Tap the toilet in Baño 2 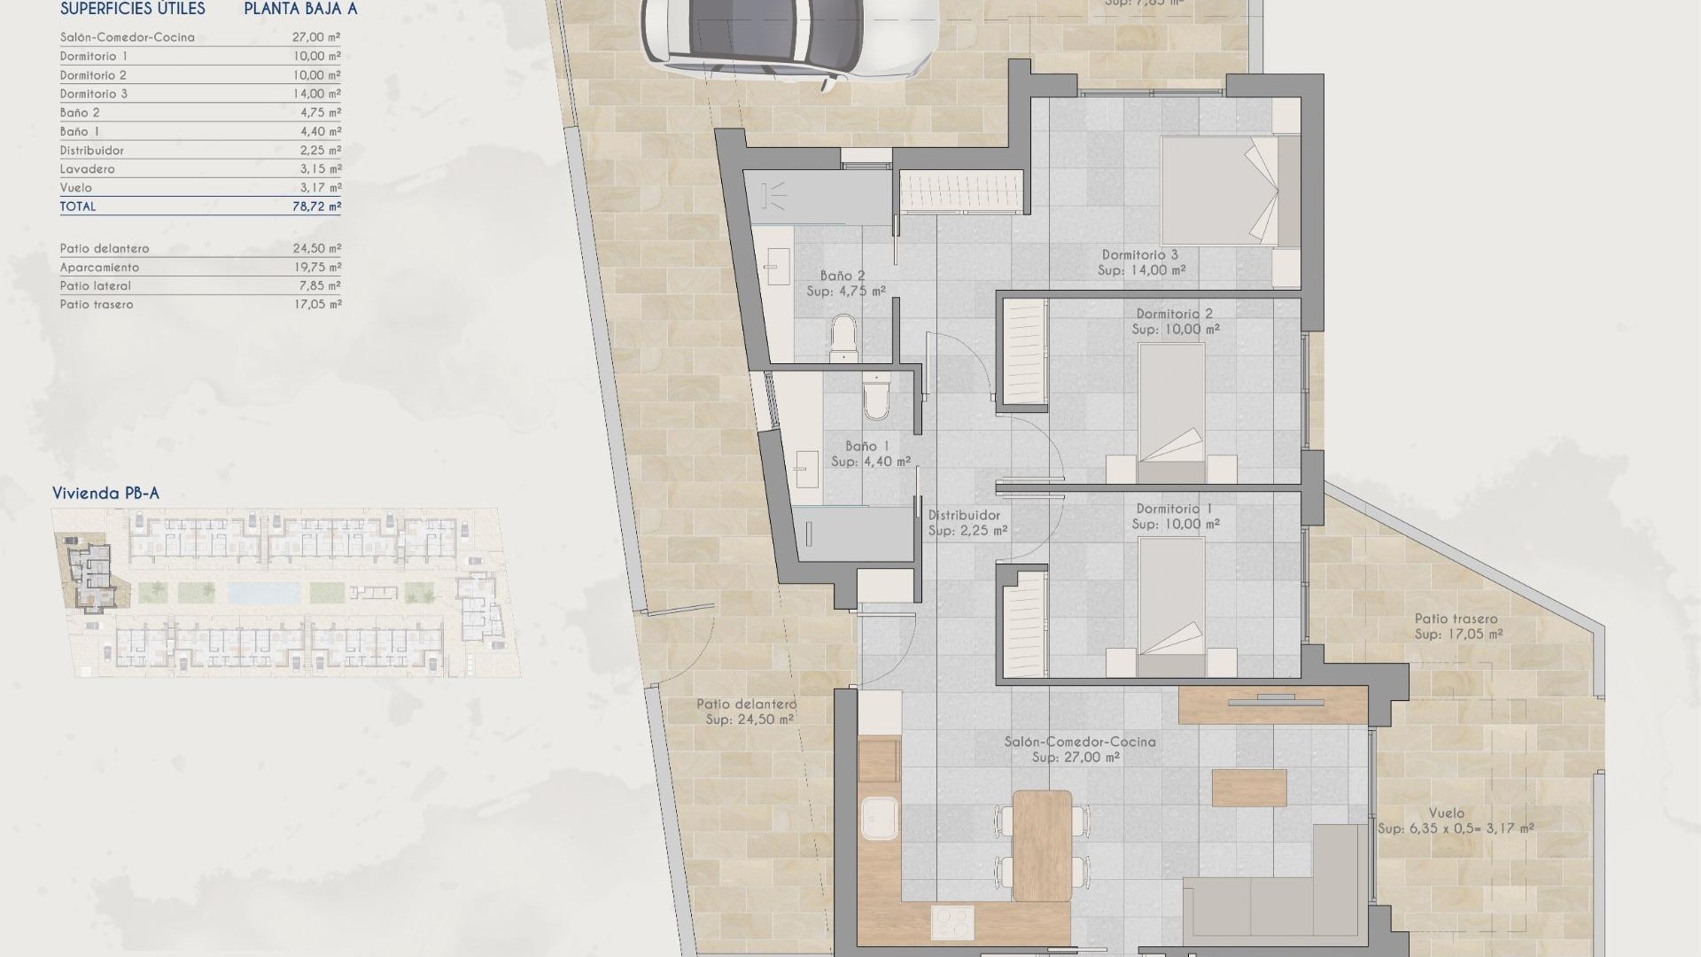[x=843, y=339]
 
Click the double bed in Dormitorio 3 [x=1219, y=190]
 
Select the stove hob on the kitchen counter [x=952, y=922]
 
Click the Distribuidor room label [x=965, y=515]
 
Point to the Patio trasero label [x=1456, y=619]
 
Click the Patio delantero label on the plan [x=746, y=704]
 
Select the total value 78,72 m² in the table [x=316, y=206]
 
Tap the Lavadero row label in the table [x=88, y=169]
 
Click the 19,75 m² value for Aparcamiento [x=316, y=268]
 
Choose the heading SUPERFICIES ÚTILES [x=133, y=10]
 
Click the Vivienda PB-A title [x=105, y=494]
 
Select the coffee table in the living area [x=1248, y=788]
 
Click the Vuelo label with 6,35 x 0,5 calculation [x=1455, y=821]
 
